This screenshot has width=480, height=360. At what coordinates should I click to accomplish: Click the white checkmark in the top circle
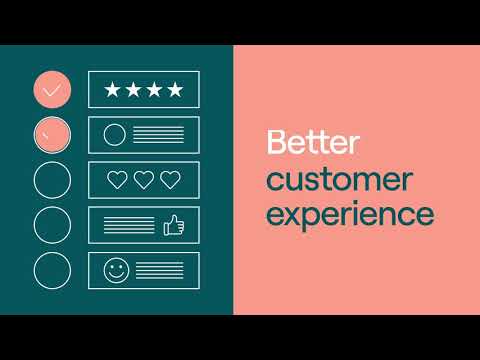52,90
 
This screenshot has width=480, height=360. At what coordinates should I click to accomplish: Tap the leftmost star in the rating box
112,90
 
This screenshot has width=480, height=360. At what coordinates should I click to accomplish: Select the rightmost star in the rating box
175,90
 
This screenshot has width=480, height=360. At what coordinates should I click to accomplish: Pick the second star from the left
133,90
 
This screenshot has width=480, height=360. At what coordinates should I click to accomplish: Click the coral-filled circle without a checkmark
52,135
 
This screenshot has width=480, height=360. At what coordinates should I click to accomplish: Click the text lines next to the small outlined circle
158,135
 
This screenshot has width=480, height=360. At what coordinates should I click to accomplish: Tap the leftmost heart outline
117,180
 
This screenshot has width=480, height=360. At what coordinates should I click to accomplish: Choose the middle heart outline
144,180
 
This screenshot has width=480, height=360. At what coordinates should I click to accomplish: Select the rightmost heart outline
170,180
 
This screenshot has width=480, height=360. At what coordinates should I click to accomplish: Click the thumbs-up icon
174,225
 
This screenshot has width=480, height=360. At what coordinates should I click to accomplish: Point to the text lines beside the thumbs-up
129,225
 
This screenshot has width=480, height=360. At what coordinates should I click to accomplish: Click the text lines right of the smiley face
159,270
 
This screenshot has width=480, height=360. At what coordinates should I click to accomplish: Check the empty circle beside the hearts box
34,180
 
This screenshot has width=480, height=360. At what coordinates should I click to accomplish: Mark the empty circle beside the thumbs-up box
34,225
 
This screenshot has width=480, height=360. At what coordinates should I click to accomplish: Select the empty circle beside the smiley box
34,270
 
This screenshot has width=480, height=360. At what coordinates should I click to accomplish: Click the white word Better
313,142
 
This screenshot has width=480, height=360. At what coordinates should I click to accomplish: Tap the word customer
340,179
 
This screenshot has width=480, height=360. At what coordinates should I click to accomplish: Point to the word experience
350,214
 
